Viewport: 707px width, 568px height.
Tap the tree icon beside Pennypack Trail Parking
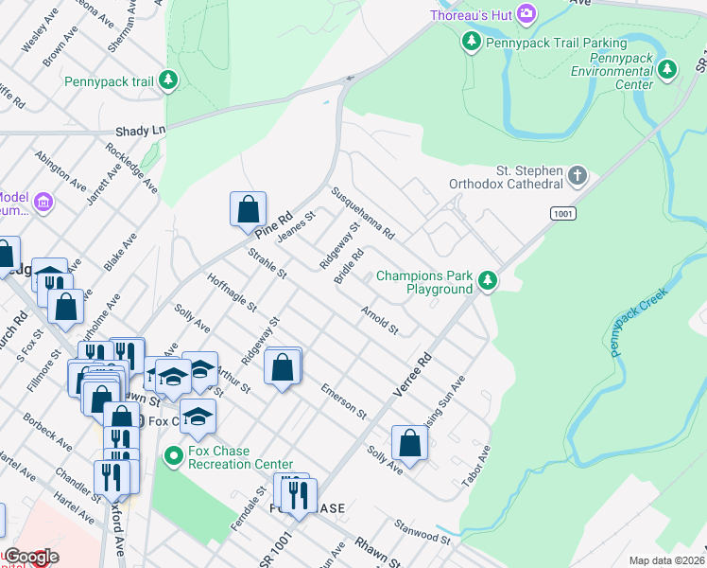(471, 42)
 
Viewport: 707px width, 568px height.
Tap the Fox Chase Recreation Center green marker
(173, 456)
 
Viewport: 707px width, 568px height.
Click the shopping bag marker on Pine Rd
(248, 207)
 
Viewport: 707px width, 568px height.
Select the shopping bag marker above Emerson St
(283, 367)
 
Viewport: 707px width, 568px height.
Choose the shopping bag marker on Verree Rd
(408, 441)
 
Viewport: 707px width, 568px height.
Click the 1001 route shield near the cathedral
(563, 214)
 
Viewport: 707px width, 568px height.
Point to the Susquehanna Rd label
(362, 212)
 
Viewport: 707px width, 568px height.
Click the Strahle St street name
(267, 264)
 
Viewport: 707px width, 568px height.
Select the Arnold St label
(379, 320)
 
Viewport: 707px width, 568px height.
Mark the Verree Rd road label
(412, 376)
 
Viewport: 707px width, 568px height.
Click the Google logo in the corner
(30, 557)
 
